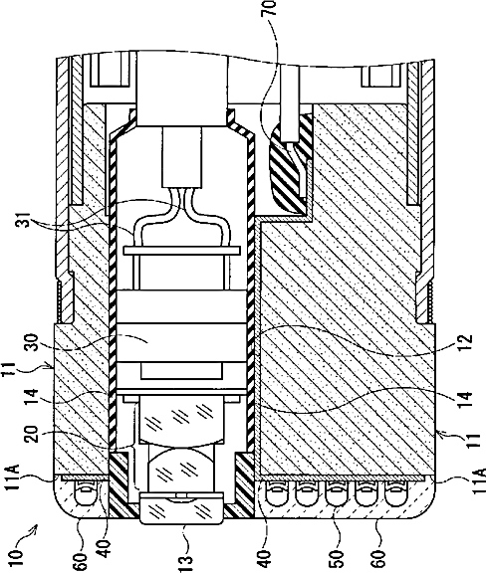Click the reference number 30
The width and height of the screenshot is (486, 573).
pyautogui.click(x=37, y=341)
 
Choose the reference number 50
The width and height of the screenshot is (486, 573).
pyautogui.click(x=339, y=558)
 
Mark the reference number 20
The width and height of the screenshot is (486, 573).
pyautogui.click(x=37, y=431)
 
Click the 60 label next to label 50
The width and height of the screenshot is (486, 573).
pyautogui.click(x=380, y=558)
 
